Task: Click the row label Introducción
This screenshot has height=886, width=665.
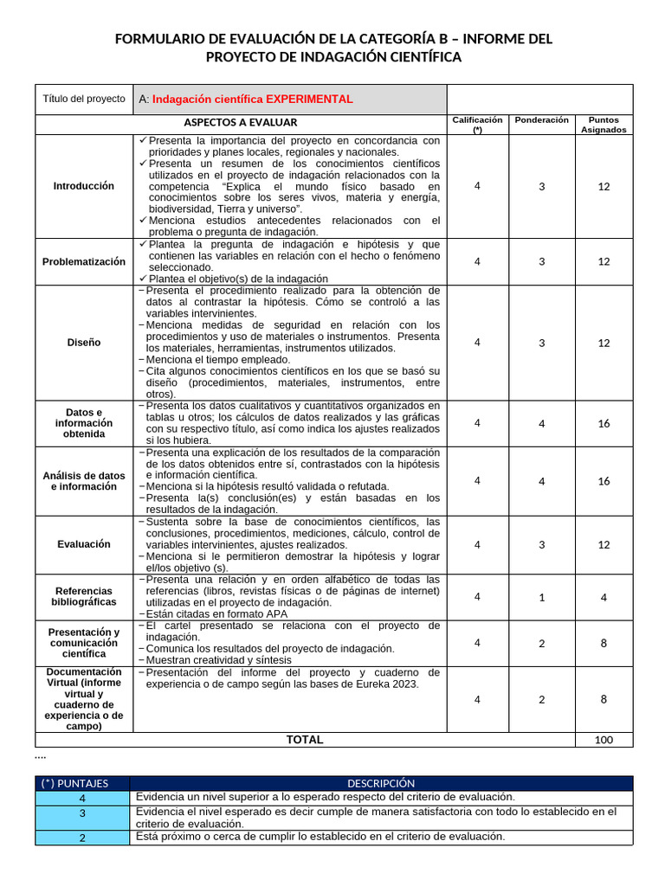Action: pyautogui.click(x=83, y=186)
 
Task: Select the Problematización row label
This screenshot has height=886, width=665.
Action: pyautogui.click(x=83, y=261)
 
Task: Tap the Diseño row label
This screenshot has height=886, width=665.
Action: pyautogui.click(x=83, y=343)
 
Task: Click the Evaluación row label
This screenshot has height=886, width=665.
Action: pyautogui.click(x=83, y=544)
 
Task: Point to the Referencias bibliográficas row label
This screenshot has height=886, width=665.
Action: pyautogui.click(x=83, y=596)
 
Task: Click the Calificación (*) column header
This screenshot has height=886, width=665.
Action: pyautogui.click(x=477, y=125)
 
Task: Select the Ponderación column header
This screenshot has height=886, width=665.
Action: pyautogui.click(x=542, y=120)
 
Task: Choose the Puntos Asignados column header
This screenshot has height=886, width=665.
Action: pyautogui.click(x=604, y=125)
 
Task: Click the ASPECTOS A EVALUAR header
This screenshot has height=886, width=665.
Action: pyautogui.click(x=241, y=123)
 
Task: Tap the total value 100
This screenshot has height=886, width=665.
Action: pyautogui.click(x=604, y=741)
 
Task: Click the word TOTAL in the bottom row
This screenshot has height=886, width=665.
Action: pyautogui.click(x=305, y=740)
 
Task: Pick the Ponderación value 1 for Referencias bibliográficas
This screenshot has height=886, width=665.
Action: pyautogui.click(x=542, y=597)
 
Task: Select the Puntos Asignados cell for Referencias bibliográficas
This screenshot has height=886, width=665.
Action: pyautogui.click(x=604, y=597)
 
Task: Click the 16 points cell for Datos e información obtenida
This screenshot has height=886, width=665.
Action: pyautogui.click(x=604, y=423)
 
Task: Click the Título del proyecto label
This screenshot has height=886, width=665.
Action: pyautogui.click(x=84, y=99)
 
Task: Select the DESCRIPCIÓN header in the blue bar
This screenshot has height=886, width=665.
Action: pyautogui.click(x=381, y=783)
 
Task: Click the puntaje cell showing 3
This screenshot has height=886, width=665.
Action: pyautogui.click(x=82, y=814)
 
